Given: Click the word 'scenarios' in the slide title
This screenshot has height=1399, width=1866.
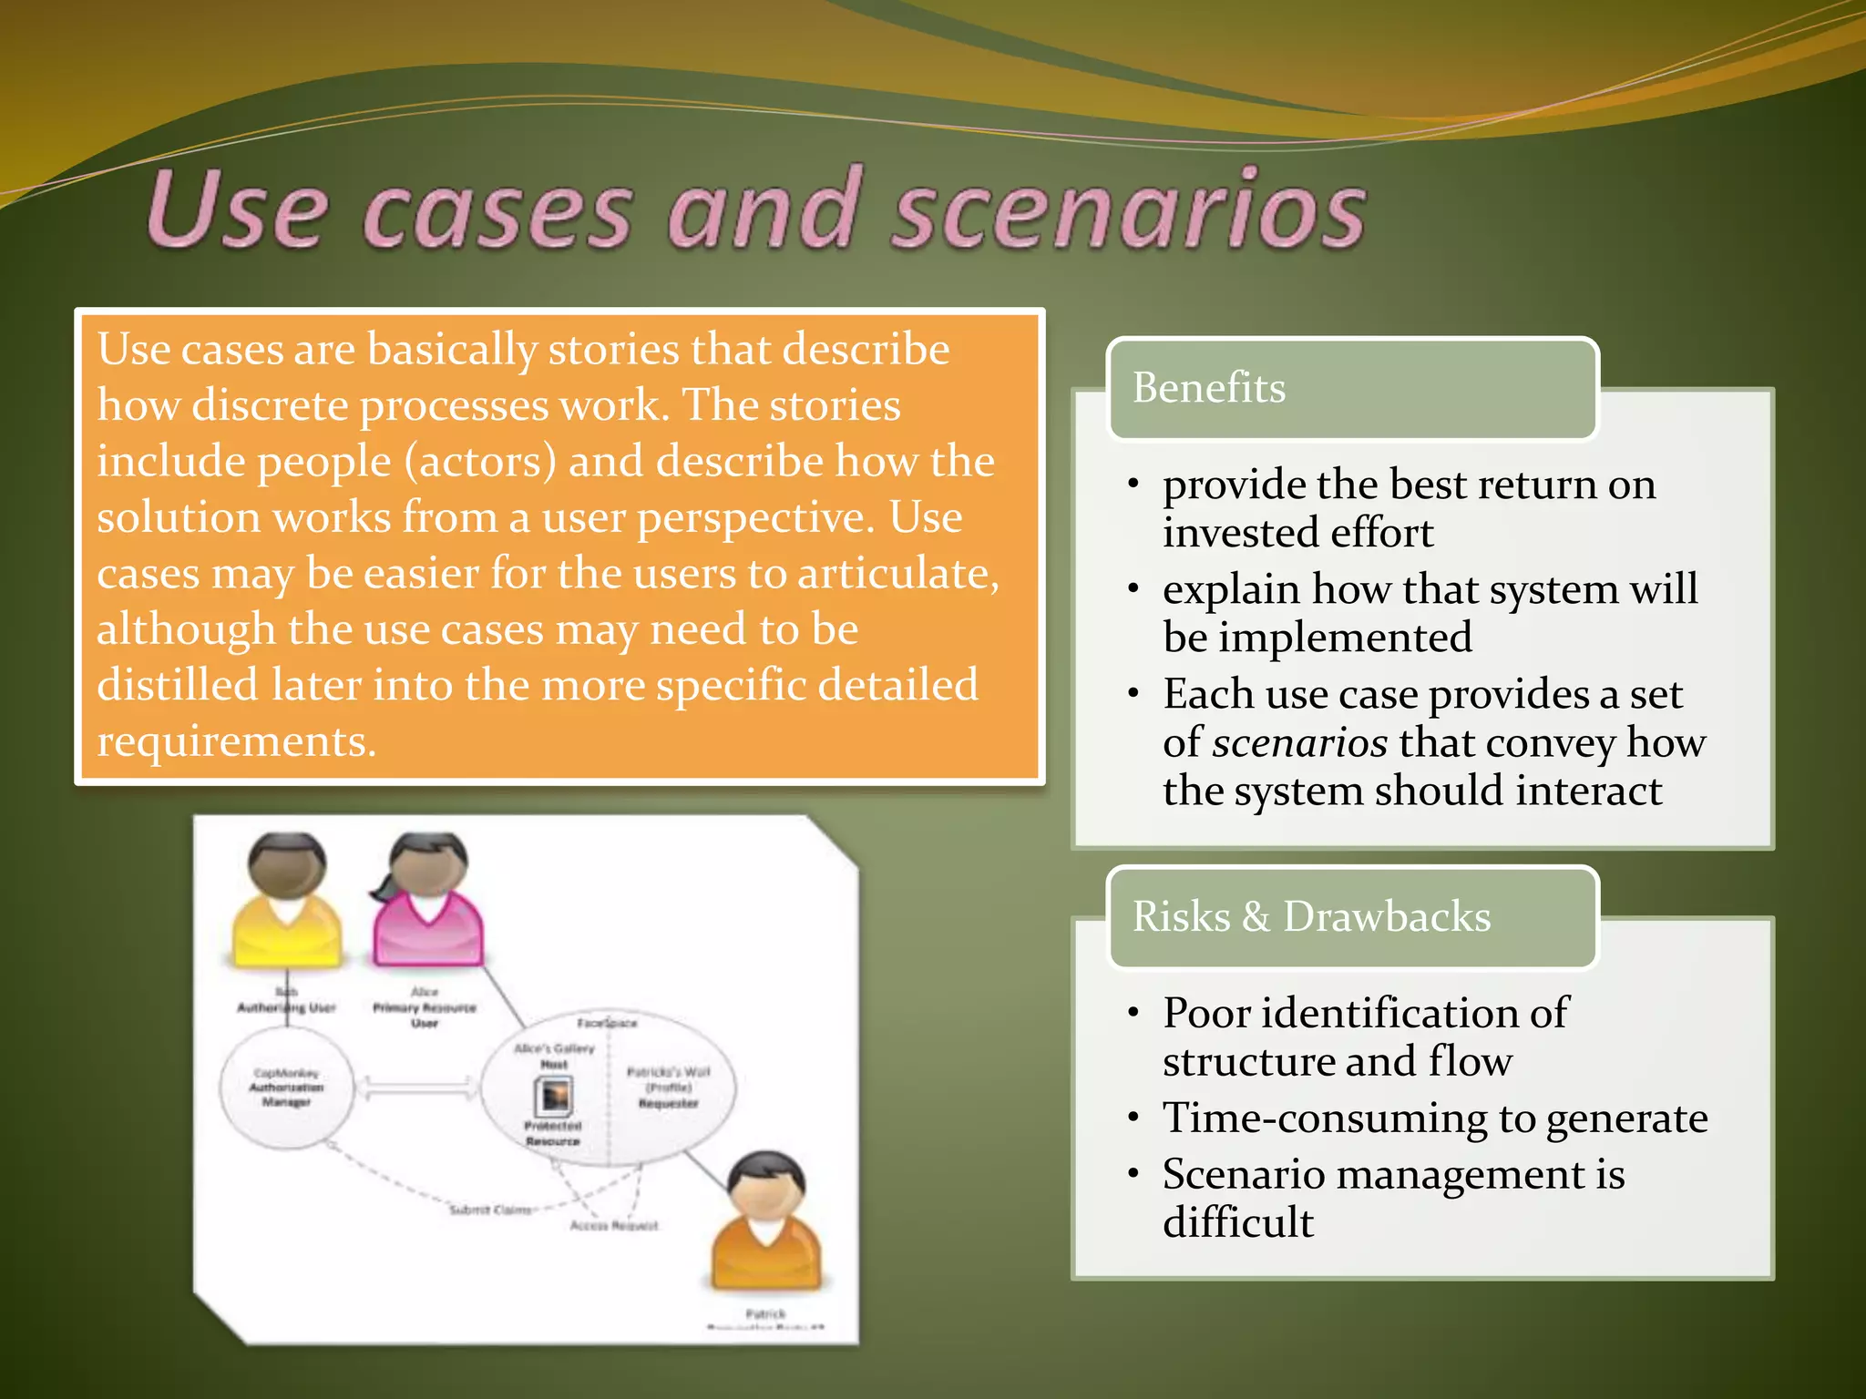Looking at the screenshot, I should (x=1128, y=211).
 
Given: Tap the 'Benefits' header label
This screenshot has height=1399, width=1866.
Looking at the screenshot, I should (x=1209, y=388).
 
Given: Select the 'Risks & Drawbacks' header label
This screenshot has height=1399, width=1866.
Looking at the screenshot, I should (x=1311, y=916).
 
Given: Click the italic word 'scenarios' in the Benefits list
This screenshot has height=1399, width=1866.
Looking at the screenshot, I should (x=1300, y=743).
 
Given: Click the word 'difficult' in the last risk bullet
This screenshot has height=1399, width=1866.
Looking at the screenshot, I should (x=1238, y=1222).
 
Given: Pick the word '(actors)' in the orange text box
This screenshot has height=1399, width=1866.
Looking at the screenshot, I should (x=480, y=462).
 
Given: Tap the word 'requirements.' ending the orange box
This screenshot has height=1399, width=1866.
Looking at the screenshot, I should (x=237, y=741).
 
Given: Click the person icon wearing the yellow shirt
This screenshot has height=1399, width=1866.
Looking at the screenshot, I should (x=287, y=902).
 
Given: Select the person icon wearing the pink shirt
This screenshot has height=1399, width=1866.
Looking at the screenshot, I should (x=426, y=902).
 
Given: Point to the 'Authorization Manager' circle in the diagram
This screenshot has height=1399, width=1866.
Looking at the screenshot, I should (x=287, y=1088).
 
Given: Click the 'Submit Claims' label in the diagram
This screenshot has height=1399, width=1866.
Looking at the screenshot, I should (x=491, y=1210).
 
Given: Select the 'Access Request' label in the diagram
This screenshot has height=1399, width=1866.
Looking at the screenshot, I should (x=614, y=1226).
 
